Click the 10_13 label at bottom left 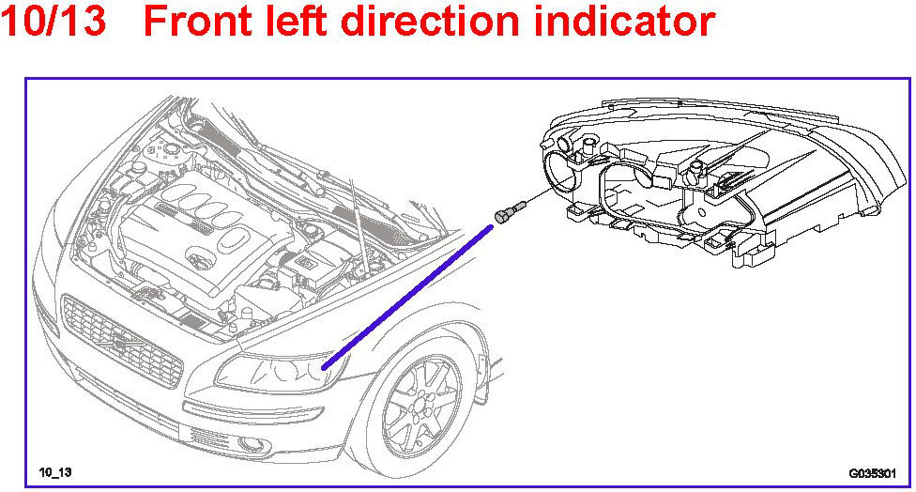pos(55,470)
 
